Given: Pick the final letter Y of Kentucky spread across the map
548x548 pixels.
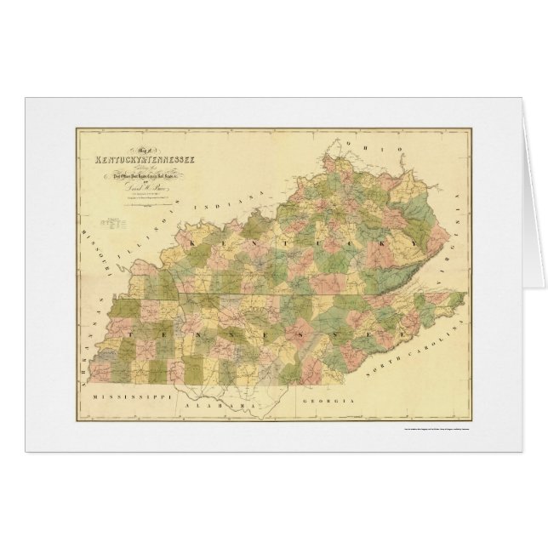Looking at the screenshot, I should [x=408, y=244].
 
